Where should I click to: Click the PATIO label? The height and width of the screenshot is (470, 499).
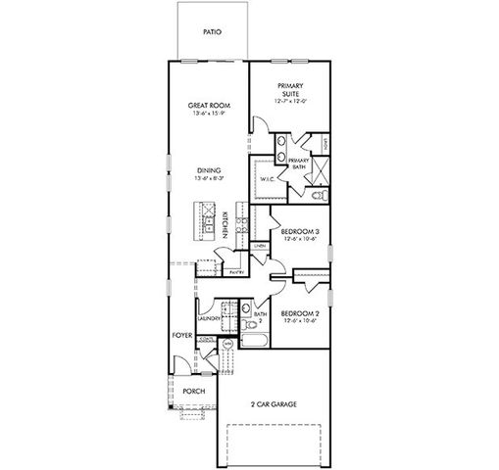(212, 32)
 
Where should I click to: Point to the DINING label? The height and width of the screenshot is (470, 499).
(207, 171)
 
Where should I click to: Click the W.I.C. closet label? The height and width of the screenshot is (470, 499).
(267, 179)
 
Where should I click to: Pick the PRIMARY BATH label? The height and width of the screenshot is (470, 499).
(299, 164)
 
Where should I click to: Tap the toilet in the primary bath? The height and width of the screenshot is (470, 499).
(317, 196)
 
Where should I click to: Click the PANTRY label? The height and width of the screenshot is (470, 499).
(236, 272)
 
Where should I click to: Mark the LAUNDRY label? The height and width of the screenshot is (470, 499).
(207, 319)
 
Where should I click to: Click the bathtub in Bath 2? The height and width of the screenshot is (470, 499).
(253, 341)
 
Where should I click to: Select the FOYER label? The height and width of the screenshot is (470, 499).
(182, 334)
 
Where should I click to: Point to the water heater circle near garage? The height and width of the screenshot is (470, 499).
(227, 344)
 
